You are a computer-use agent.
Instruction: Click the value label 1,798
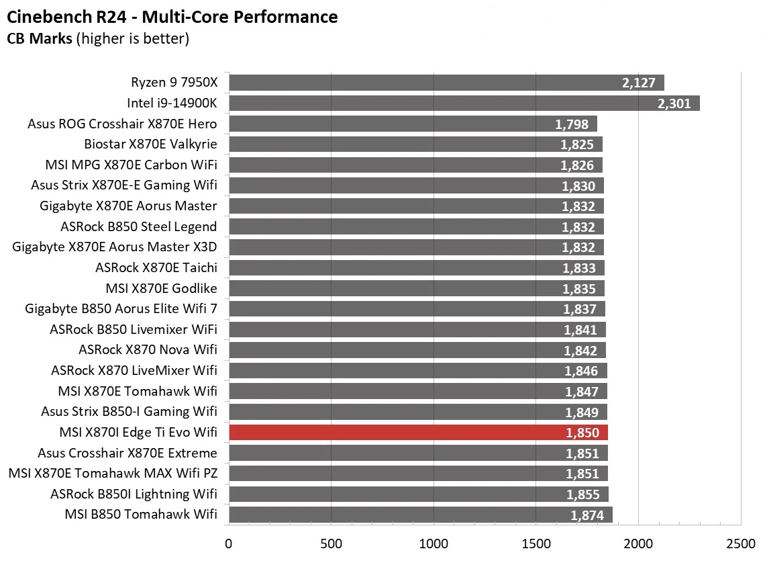[x=572, y=124]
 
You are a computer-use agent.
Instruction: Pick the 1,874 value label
[x=587, y=515]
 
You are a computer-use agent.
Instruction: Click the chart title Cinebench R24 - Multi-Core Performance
[x=172, y=16]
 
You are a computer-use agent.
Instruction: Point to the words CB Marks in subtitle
[x=40, y=39]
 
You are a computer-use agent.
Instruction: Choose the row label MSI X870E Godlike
[x=161, y=288]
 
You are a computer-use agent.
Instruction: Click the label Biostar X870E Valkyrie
[x=150, y=144]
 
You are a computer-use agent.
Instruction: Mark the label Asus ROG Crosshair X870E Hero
[x=122, y=124]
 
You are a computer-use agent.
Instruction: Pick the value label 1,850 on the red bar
[x=582, y=433]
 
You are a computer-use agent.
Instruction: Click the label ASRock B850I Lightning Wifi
[x=134, y=494]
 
